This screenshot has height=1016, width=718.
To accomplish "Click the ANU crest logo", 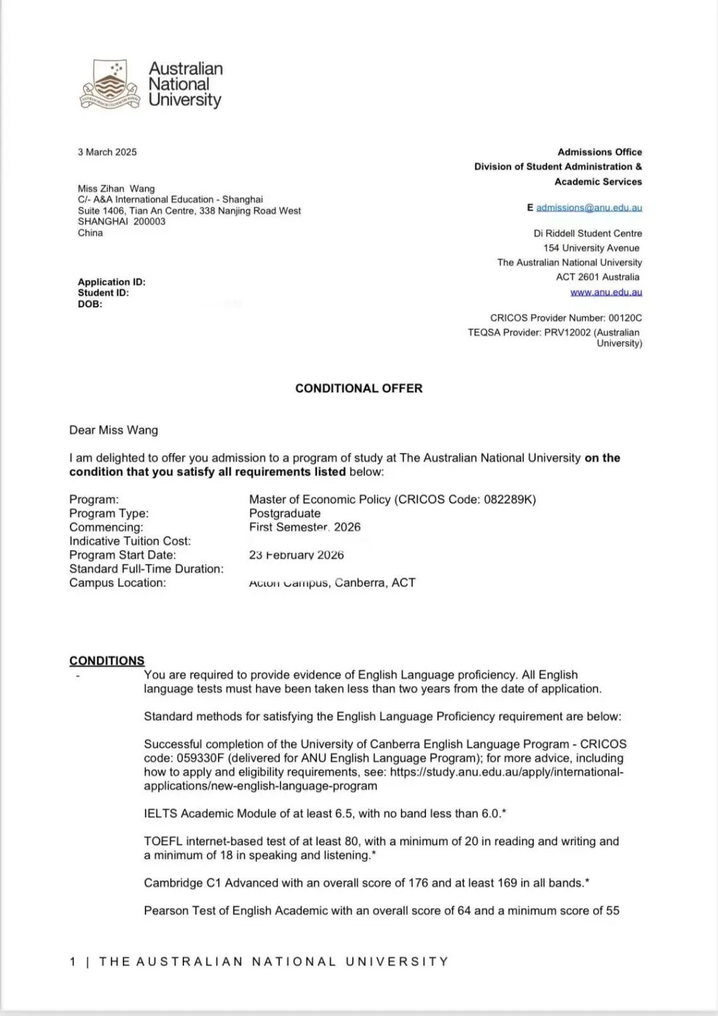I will click(110, 84).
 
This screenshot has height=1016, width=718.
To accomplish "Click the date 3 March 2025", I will click(107, 152).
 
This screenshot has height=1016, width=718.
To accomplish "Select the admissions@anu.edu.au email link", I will click(589, 207).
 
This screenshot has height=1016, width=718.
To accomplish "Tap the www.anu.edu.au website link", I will click(606, 292).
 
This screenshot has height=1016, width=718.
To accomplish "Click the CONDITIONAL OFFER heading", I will click(359, 388).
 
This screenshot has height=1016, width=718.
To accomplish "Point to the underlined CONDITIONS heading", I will click(107, 660).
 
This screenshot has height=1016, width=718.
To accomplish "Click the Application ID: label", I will click(112, 282).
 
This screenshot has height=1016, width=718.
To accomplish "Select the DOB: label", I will click(90, 304).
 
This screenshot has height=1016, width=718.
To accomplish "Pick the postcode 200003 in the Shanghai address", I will click(149, 221).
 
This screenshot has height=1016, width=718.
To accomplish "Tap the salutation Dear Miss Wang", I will click(114, 430).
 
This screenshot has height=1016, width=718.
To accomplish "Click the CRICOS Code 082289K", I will click(510, 499).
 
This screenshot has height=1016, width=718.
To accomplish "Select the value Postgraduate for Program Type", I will click(285, 513).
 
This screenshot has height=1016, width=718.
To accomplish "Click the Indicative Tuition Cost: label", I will click(130, 541).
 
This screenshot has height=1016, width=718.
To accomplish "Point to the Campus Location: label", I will click(118, 582).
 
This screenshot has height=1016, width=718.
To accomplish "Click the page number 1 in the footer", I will click(73, 961).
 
